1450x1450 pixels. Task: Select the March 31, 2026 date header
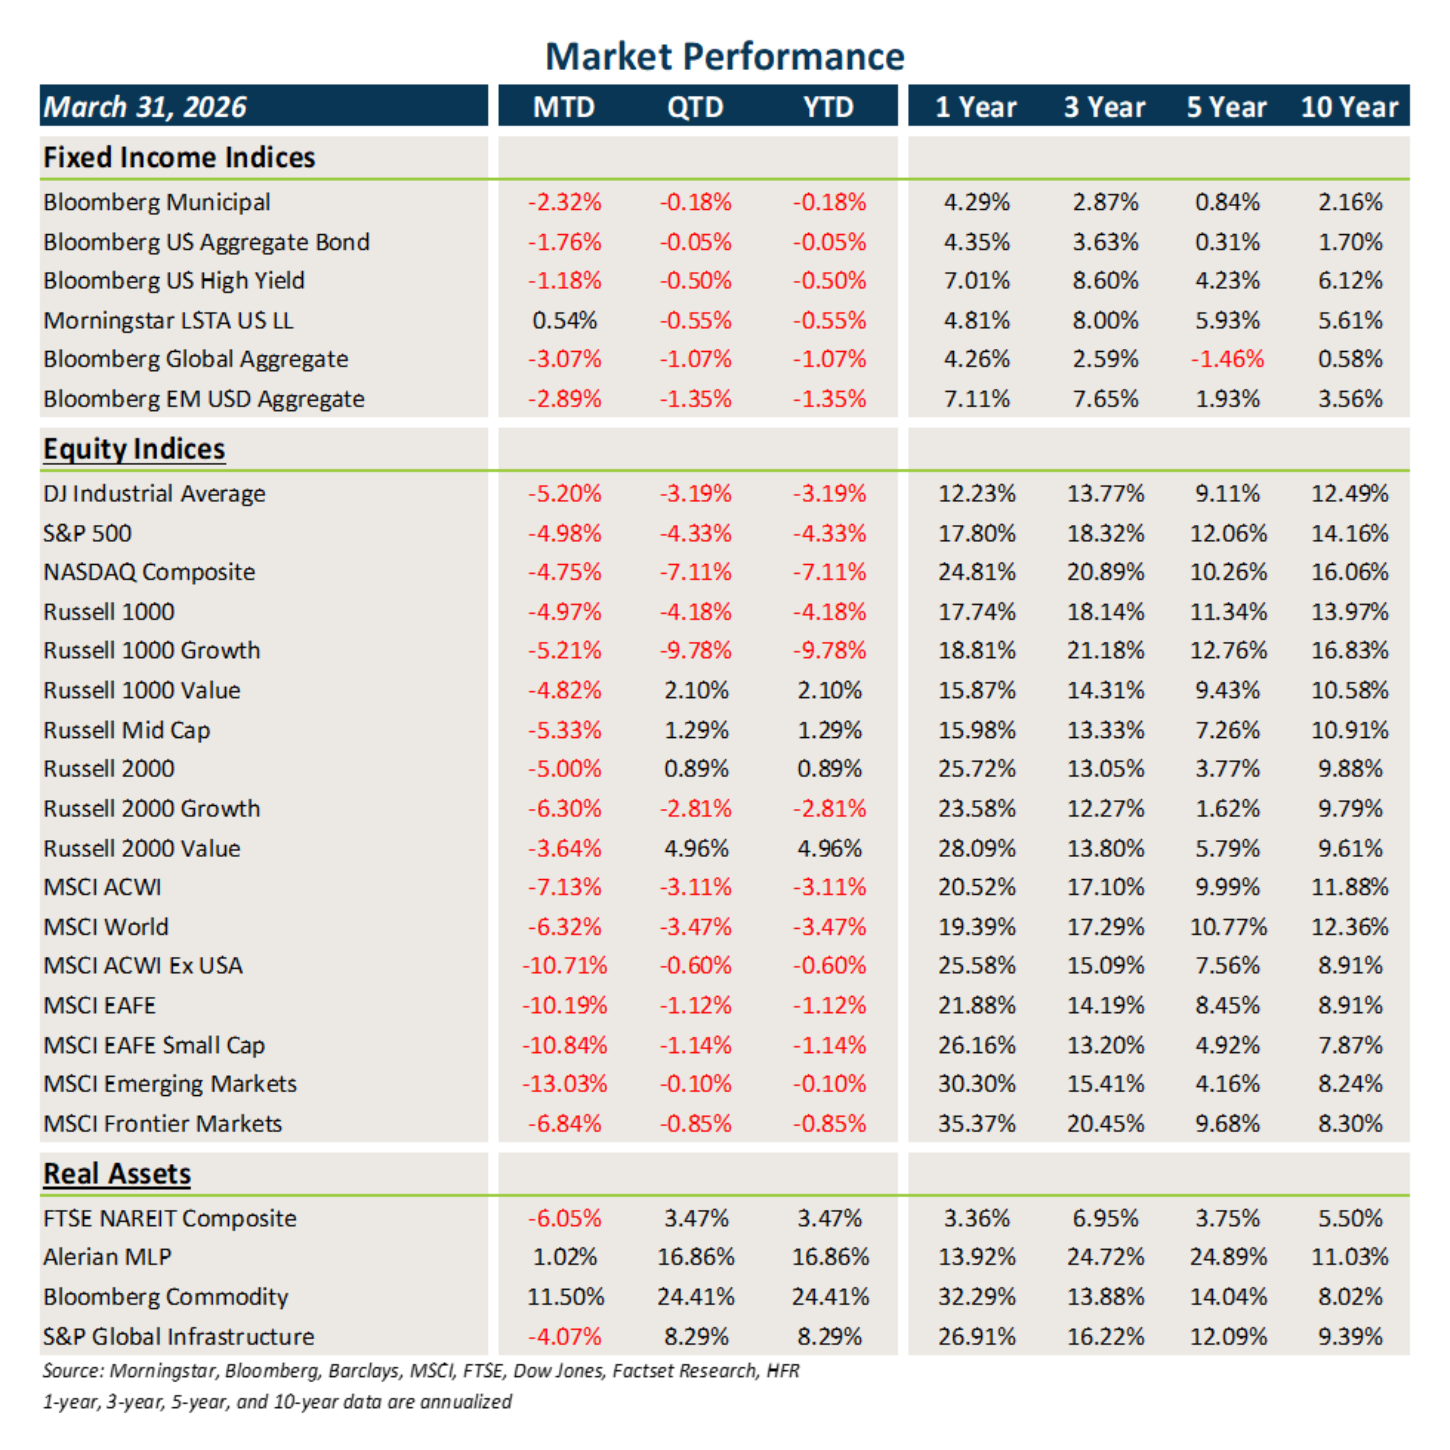[x=145, y=107]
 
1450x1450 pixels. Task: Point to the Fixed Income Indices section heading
[x=179, y=158]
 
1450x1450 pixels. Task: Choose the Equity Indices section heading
[x=134, y=449]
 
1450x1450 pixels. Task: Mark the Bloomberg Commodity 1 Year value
[x=976, y=1297]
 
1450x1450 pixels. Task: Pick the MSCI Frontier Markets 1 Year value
[x=976, y=1123]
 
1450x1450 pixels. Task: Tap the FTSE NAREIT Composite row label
[x=169, y=1218]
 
